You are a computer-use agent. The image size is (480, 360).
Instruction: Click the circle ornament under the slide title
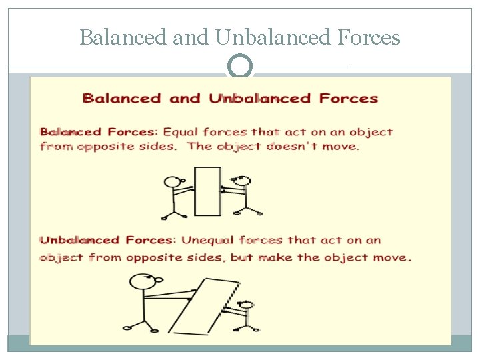point(240,67)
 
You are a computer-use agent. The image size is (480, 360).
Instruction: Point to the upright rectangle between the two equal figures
point(207,191)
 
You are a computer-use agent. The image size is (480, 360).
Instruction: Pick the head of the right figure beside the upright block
point(243,181)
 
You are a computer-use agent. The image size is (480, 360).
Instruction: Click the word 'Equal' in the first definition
point(181,132)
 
